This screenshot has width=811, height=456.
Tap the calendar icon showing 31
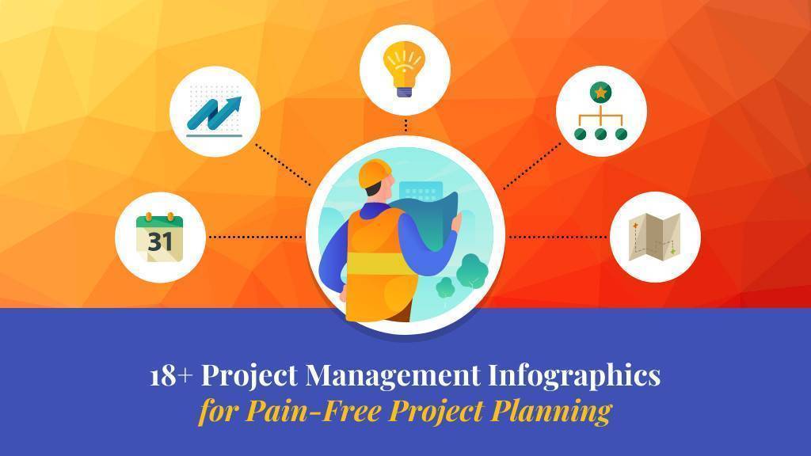pyautogui.click(x=160, y=237)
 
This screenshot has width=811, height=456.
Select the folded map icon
pyautogui.click(x=654, y=237)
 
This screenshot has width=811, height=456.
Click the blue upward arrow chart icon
pyautogui.click(x=214, y=115)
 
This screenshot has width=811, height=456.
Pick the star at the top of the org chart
pyautogui.click(x=600, y=93)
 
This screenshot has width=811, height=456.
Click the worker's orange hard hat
pyautogui.click(x=375, y=173)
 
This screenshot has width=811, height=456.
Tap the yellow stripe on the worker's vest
pyautogui.click(x=379, y=263)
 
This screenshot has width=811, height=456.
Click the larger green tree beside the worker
pyautogui.click(x=471, y=271)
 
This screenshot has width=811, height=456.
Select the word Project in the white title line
pyautogui.click(x=249, y=374)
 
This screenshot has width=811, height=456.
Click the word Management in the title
pyautogui.click(x=393, y=374)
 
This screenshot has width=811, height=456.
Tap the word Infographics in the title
pyautogui.click(x=575, y=376)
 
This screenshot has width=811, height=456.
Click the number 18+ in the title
pyautogui.click(x=171, y=376)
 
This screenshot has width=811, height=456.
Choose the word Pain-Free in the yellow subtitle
pyautogui.click(x=314, y=411)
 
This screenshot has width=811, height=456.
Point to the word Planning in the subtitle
pyautogui.click(x=551, y=412)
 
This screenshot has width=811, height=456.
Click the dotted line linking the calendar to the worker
pyautogui.click(x=256, y=237)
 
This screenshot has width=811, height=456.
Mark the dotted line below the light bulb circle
pyautogui.click(x=406, y=126)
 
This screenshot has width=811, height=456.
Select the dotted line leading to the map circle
pyautogui.click(x=558, y=237)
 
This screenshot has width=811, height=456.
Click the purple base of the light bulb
pyautogui.click(x=405, y=92)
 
